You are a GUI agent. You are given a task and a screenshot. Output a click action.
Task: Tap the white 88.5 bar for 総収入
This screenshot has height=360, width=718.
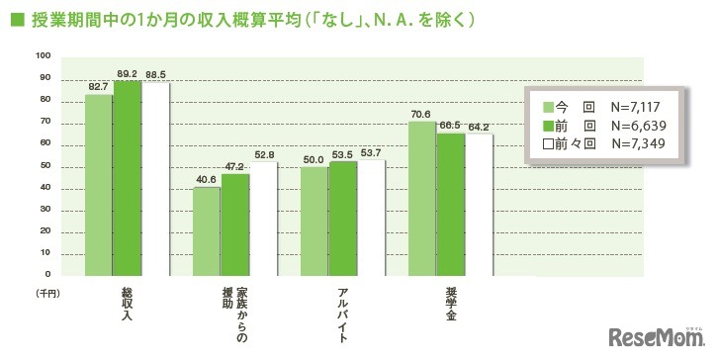pos(155,178)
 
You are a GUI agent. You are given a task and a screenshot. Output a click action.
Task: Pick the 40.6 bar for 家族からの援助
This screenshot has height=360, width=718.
pos(207,230)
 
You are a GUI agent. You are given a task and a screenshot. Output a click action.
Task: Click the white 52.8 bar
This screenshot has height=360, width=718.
pos(264,217)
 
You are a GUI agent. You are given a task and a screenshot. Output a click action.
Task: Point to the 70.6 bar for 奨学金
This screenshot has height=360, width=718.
pos(422,198)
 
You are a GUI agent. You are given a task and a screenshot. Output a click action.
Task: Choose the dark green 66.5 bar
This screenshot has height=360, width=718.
pos(450,203)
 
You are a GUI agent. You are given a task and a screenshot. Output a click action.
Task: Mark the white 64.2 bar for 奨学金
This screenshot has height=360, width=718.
pos(479,205)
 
